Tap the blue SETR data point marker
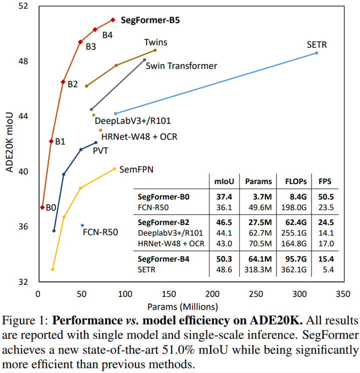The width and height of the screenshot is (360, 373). coord(316,52)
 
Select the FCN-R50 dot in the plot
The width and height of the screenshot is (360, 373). coord(82,225)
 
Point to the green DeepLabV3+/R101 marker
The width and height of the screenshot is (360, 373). coord(93,115)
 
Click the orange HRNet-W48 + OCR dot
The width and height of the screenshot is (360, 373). coord(100,130)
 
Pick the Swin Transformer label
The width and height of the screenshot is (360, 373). coord(181,65)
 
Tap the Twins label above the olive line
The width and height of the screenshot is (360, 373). coord(155,42)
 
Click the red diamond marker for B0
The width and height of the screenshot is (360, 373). coord(42,207)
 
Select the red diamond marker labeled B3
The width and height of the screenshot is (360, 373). coord(80,42)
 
